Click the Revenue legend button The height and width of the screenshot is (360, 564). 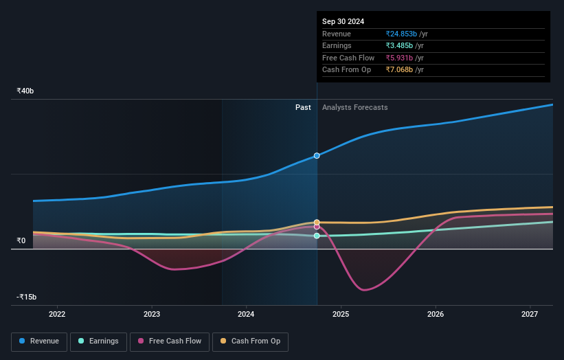pyautogui.click(x=39, y=341)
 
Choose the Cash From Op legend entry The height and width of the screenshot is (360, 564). pyautogui.click(x=250, y=341)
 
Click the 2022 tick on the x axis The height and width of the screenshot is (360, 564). pyautogui.click(x=57, y=314)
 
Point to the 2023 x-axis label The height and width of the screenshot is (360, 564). pyautogui.click(x=152, y=314)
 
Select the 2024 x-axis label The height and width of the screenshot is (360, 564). pyautogui.click(x=246, y=314)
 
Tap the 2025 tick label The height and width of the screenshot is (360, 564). pyautogui.click(x=341, y=314)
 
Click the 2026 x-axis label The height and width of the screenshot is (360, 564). pyautogui.click(x=436, y=314)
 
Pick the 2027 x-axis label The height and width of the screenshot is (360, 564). pyautogui.click(x=530, y=314)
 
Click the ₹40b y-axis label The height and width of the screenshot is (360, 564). pyautogui.click(x=25, y=91)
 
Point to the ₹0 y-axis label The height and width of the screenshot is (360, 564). pyautogui.click(x=21, y=240)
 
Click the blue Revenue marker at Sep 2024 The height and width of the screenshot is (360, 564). pyautogui.click(x=317, y=156)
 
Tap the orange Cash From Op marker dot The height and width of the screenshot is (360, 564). pyautogui.click(x=317, y=223)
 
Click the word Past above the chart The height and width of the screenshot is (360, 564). pyautogui.click(x=303, y=107)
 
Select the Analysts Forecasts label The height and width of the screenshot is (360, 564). pyautogui.click(x=354, y=107)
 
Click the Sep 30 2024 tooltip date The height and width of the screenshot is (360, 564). pyautogui.click(x=343, y=21)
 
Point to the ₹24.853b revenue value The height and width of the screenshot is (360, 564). pyautogui.click(x=403, y=34)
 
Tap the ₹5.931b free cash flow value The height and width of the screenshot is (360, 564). pyautogui.click(x=400, y=58)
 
